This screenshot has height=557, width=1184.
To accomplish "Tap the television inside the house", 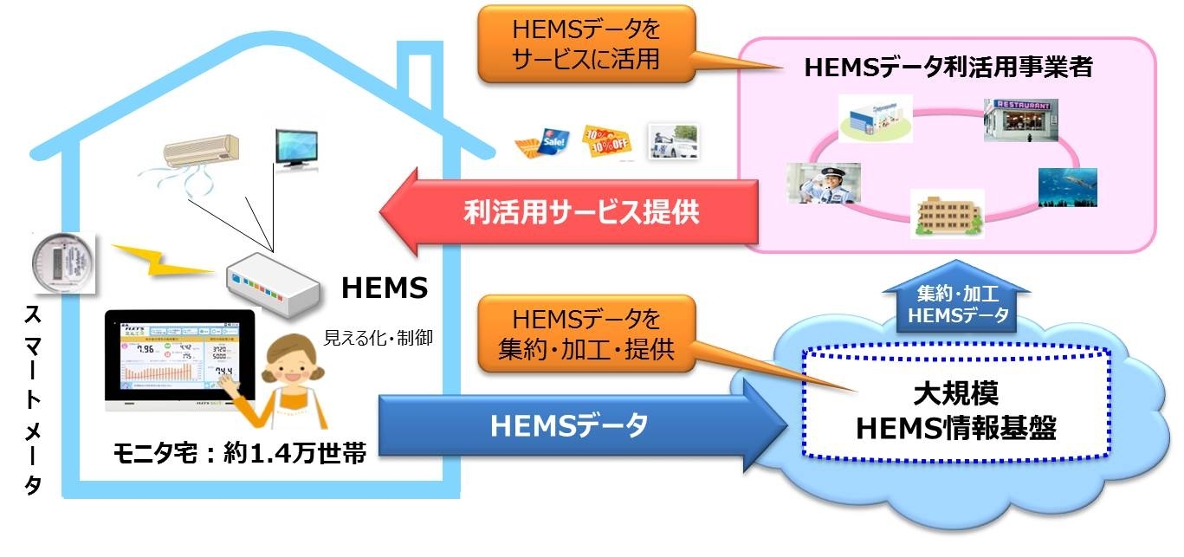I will [x=295, y=149].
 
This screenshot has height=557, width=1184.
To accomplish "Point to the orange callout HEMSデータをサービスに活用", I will [x=586, y=45].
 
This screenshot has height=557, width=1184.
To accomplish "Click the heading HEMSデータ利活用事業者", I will [x=948, y=68].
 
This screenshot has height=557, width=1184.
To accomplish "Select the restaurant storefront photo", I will [x=1021, y=120].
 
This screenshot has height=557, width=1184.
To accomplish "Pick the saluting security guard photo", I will [x=823, y=183].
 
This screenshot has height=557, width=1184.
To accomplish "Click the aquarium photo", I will [x=1067, y=187].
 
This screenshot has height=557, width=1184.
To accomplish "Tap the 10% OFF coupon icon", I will [x=604, y=141].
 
